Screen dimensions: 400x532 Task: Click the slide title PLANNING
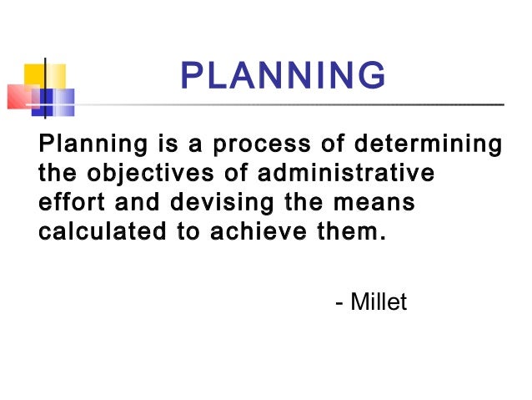tap(283, 78)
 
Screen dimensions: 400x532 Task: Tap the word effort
tap(68, 203)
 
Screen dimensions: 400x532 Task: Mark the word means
tap(375, 203)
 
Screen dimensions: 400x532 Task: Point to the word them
tap(349, 231)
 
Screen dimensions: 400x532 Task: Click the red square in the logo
tap(20, 97)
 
